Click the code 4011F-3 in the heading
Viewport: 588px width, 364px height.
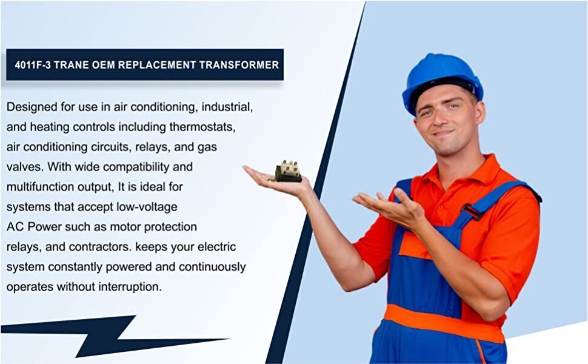click(x=33, y=65)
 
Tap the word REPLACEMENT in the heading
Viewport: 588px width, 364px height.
click(x=157, y=65)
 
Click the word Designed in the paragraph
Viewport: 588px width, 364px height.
click(x=32, y=107)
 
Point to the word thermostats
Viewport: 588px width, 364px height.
click(x=202, y=127)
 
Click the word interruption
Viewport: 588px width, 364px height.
click(x=130, y=287)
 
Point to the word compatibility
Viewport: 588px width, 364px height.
click(x=136, y=167)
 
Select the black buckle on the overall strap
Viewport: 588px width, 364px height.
click(x=472, y=211)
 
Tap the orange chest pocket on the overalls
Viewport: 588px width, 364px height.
click(x=415, y=246)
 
